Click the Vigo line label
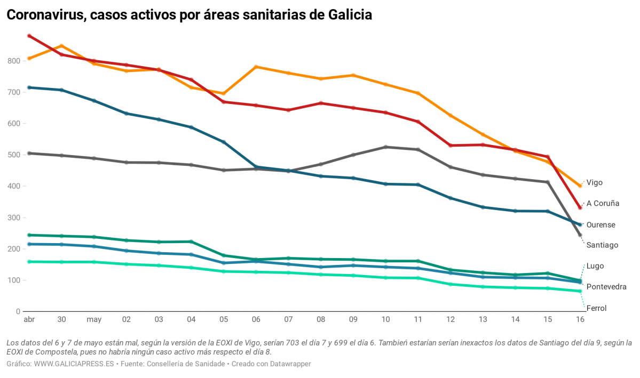(594, 182)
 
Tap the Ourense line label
(601, 225)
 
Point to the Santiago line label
(602, 245)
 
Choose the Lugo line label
(595, 266)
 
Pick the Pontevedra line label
(606, 287)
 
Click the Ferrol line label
(596, 308)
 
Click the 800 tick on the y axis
(13, 61)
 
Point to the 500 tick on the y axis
(13, 155)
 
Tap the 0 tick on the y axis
(18, 312)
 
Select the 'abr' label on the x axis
(29, 320)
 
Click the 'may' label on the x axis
(94, 320)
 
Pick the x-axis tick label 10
(385, 320)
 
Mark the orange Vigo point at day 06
(256, 67)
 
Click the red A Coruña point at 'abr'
(29, 36)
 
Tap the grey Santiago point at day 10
(385, 147)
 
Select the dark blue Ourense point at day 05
(224, 142)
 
